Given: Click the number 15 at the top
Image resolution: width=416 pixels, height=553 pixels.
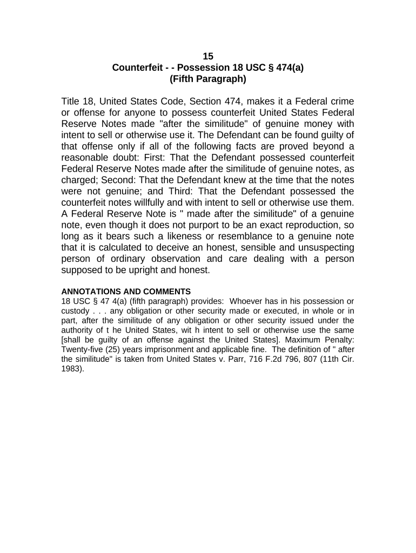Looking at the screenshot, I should point(208,57).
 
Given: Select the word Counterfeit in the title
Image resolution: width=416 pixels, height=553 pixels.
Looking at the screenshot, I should point(138,68).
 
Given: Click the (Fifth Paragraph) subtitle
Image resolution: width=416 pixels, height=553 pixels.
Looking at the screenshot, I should point(208,79).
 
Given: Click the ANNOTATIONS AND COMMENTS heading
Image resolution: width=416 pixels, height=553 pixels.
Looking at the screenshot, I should point(126,292).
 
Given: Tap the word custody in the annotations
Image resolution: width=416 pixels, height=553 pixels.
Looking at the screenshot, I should point(75,311).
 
